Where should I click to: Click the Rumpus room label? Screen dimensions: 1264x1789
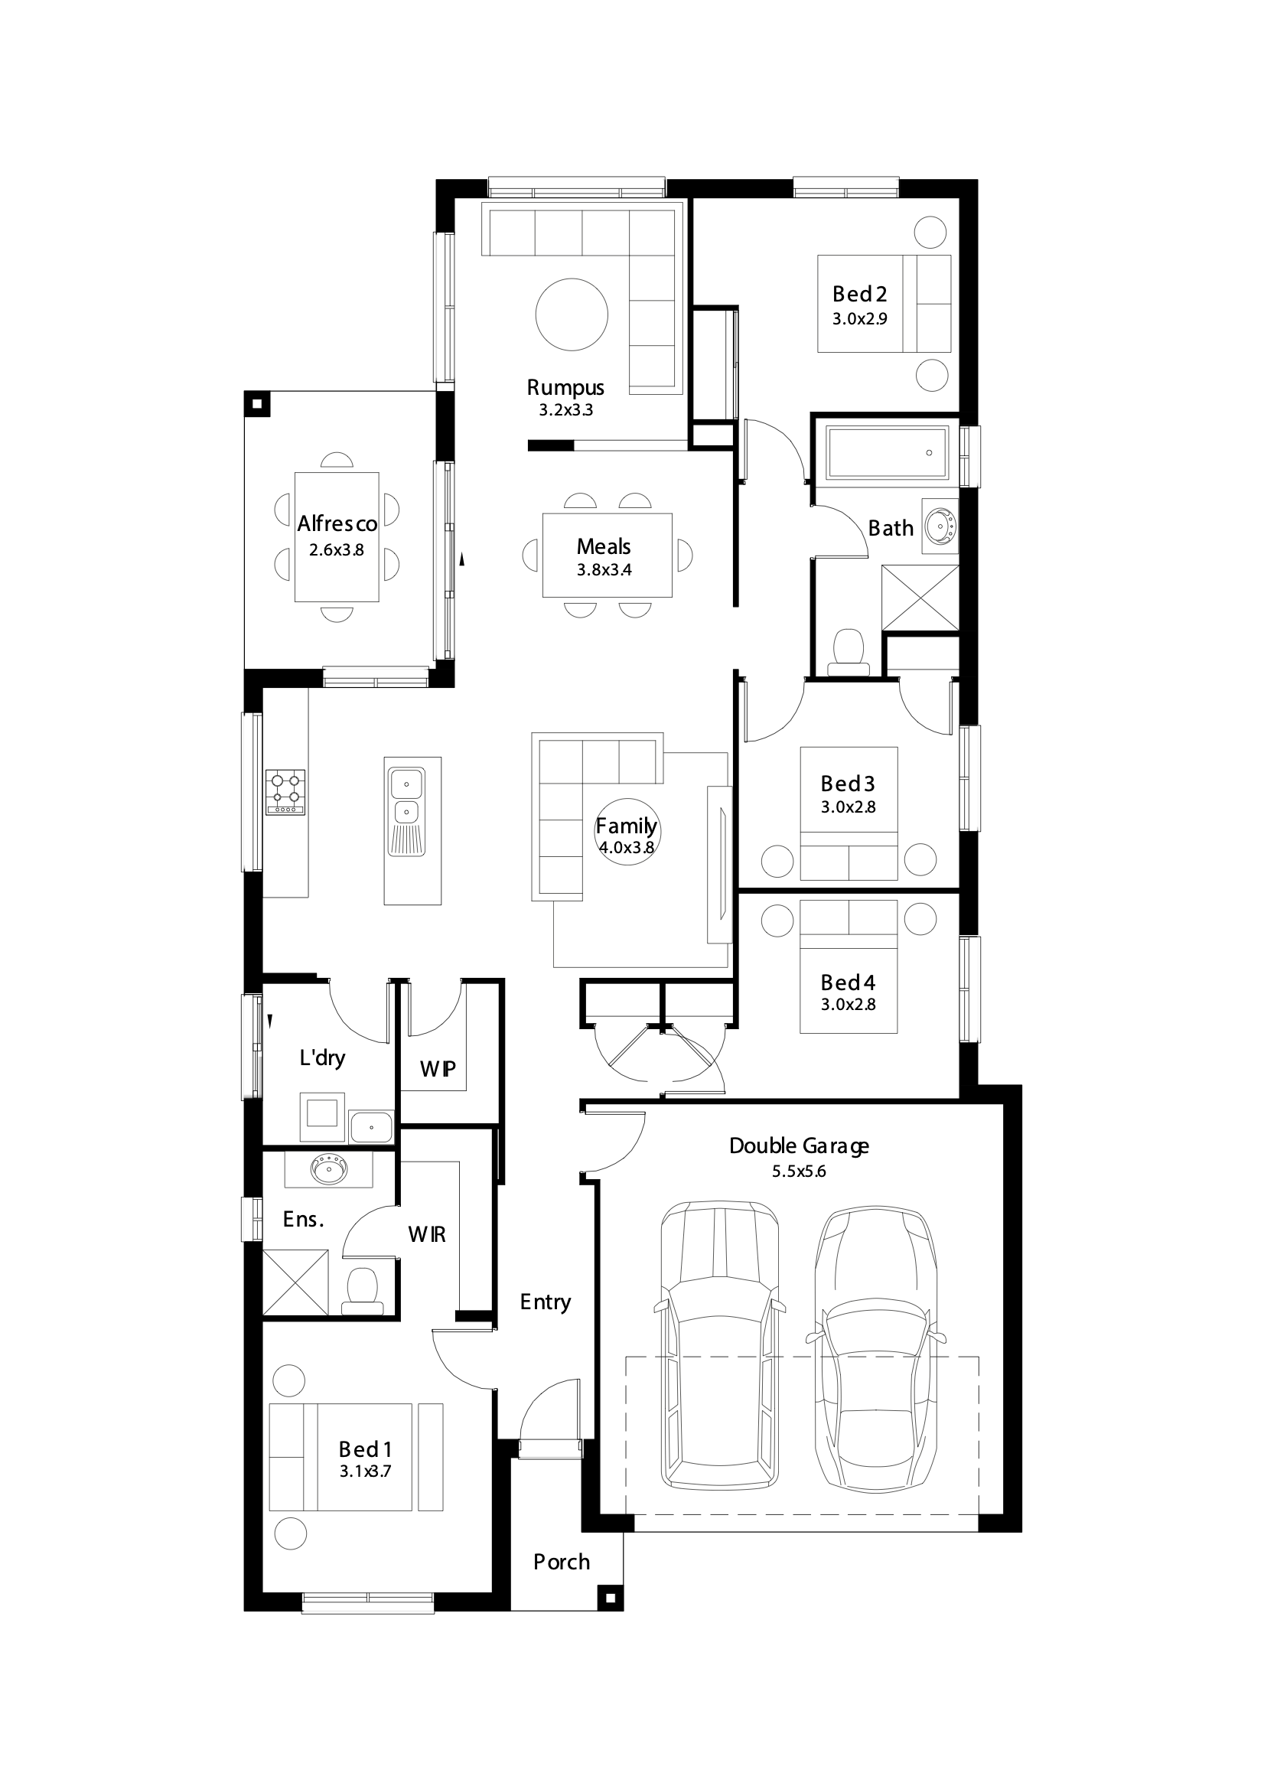click(565, 387)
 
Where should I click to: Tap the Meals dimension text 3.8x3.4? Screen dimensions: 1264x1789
click(604, 569)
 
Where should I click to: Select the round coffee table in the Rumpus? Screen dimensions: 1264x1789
click(572, 314)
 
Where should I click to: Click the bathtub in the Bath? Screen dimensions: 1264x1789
click(888, 452)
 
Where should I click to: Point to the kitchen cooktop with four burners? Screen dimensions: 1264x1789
click(286, 793)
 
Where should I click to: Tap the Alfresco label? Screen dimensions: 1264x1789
click(337, 523)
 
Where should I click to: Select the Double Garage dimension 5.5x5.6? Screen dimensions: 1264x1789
click(799, 1171)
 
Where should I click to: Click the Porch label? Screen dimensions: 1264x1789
click(561, 1562)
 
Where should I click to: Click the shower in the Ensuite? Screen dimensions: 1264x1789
click(295, 1282)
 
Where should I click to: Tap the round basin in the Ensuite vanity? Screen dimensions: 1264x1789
click(329, 1168)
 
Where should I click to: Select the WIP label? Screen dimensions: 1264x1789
click(438, 1069)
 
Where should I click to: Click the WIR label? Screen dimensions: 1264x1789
click(427, 1234)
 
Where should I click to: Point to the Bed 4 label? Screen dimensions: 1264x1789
click(848, 982)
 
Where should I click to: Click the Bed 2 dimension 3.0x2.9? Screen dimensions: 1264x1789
click(859, 318)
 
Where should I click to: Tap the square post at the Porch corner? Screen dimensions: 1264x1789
click(610, 1598)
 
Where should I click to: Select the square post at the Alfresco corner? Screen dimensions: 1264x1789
click(257, 403)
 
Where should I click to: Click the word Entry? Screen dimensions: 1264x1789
click(546, 1302)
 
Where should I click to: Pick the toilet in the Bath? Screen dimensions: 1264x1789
click(848, 651)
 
